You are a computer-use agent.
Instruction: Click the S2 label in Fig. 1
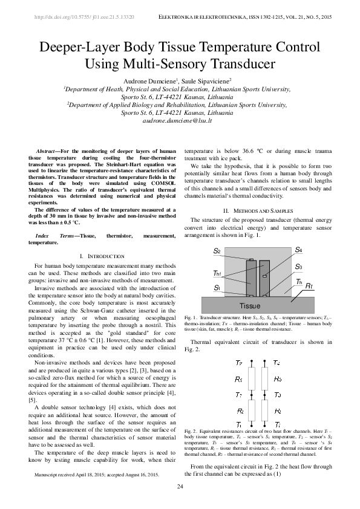tap(217, 250)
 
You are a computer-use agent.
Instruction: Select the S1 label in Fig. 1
tap(217, 288)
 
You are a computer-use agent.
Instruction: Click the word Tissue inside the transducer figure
tap(249, 305)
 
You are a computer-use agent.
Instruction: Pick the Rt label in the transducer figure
tap(309, 285)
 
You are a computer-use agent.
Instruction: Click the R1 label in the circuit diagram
tap(240, 379)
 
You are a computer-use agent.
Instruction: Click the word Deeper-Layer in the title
tap(78, 48)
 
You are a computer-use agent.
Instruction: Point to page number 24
tap(180, 487)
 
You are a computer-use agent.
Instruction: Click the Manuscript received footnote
tap(97, 475)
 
